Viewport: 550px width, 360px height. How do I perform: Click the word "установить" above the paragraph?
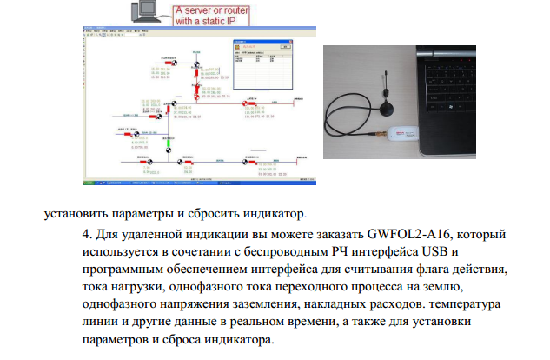[76, 211]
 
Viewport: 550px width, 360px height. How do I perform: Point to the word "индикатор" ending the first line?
[269, 211]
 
